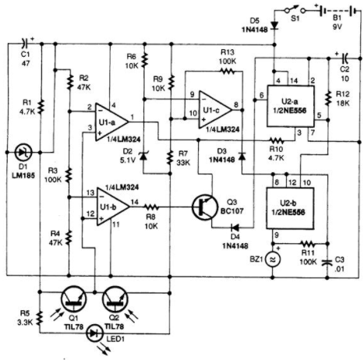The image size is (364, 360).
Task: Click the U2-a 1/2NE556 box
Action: (291, 106)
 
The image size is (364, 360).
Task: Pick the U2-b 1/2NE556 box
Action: (290, 208)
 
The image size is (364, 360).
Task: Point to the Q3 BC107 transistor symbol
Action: (205, 207)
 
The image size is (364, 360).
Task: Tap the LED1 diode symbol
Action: (95, 334)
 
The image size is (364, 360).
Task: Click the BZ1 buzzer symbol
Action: (273, 259)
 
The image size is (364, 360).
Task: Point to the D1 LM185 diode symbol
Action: (23, 152)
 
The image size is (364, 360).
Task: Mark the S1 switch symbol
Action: (295, 10)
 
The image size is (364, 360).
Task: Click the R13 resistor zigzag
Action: (228, 71)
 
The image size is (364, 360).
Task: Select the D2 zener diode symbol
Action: (143, 157)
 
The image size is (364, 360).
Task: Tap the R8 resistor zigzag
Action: (151, 207)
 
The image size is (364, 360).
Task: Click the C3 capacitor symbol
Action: (327, 262)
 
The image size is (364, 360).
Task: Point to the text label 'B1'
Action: (337, 18)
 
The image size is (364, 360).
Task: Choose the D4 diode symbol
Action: (235, 228)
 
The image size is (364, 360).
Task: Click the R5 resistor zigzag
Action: (40, 318)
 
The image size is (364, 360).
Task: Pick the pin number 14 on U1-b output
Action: (135, 202)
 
